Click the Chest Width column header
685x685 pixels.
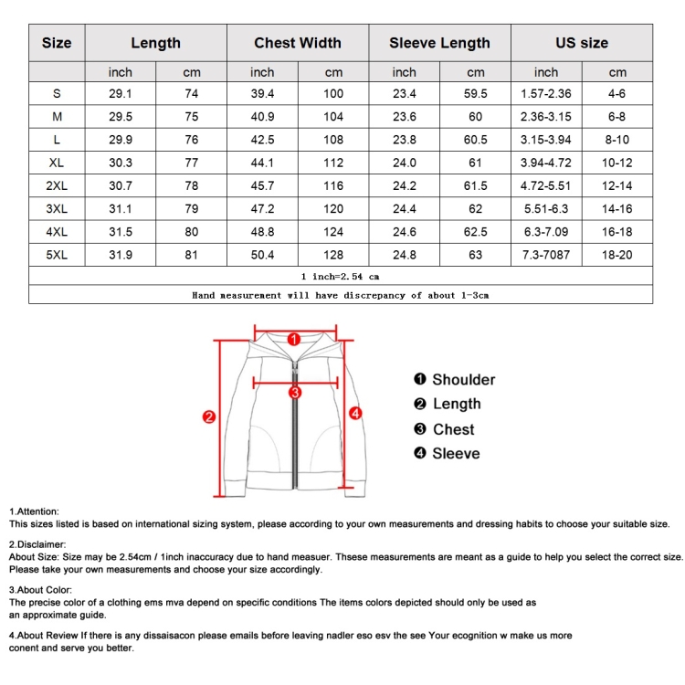(x=298, y=43)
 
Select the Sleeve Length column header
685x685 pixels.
(x=439, y=43)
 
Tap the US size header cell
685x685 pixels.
(x=581, y=43)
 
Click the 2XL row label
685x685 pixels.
(x=57, y=185)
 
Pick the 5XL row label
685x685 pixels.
(x=57, y=255)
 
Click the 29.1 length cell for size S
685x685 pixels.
(x=120, y=93)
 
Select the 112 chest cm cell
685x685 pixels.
(x=333, y=163)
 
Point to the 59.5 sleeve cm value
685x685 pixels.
(x=476, y=93)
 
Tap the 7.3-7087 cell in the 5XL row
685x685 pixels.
(x=546, y=255)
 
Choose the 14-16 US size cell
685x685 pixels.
(x=618, y=208)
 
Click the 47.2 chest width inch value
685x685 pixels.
(x=262, y=208)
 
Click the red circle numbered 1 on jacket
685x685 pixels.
(x=294, y=339)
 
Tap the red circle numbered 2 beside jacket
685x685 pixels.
(x=208, y=417)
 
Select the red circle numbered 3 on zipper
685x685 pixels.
(x=295, y=393)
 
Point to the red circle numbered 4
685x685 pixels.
(x=356, y=413)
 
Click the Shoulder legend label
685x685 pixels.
(x=463, y=380)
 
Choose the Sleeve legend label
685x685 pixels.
(x=455, y=454)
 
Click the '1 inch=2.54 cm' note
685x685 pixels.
(x=340, y=276)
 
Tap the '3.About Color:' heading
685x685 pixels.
(x=41, y=590)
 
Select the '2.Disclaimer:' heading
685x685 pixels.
(x=38, y=544)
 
